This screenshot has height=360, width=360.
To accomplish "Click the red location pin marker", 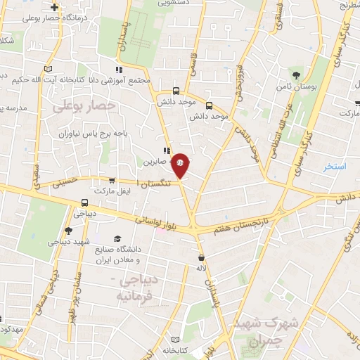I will [181, 165].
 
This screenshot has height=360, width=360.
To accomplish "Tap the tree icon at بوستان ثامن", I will [297, 74].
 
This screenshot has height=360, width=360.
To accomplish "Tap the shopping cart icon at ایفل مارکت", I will [112, 181].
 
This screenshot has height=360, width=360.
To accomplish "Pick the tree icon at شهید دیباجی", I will [68, 230].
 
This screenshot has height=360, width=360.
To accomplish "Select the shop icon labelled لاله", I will [202, 257].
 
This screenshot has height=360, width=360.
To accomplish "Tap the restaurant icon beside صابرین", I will [167, 150].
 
